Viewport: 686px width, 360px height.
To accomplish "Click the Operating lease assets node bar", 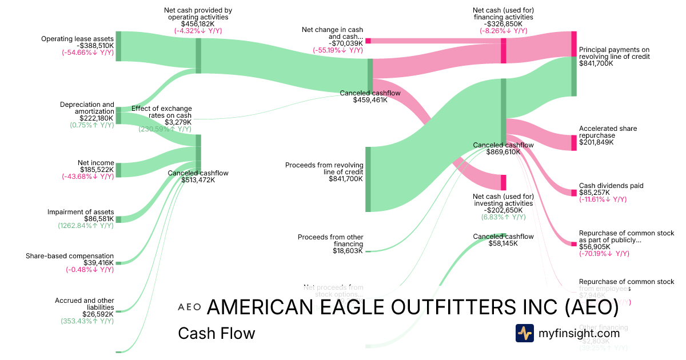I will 118,46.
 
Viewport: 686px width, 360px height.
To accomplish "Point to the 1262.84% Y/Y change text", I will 86,226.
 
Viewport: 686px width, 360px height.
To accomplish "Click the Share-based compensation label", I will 70,256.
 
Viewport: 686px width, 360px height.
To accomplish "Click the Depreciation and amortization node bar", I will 118,115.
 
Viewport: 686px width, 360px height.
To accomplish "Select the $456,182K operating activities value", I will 198,25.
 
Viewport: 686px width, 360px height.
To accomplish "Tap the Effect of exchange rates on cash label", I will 162,111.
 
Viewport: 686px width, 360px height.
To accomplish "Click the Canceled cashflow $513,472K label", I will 198,173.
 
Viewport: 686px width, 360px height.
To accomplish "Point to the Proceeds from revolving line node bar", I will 368,179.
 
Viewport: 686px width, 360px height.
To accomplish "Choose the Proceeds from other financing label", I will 330,240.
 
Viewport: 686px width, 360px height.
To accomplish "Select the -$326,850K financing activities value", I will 502,25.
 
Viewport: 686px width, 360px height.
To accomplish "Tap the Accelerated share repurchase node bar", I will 574,142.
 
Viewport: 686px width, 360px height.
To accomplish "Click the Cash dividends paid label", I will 611,186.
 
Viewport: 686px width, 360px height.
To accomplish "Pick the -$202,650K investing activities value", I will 503,210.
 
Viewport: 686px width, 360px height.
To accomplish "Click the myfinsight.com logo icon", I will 525,333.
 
